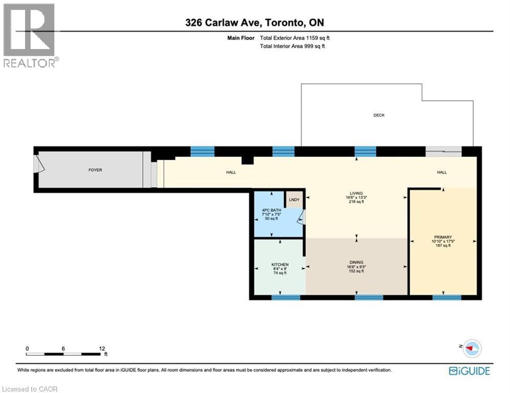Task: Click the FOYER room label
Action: click(95, 170)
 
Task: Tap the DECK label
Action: click(379, 115)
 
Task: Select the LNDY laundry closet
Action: click(294, 200)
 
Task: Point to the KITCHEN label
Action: click(280, 265)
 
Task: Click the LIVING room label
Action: click(356, 194)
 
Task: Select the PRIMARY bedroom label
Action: click(442, 237)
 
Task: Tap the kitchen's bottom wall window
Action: click(285, 297)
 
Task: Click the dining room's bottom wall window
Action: click(369, 297)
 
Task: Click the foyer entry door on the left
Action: click(39, 164)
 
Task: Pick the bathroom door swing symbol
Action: click(301, 219)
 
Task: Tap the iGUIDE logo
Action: click(469, 371)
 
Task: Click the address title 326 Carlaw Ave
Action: click(255, 23)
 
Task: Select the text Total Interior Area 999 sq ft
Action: click(293, 46)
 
